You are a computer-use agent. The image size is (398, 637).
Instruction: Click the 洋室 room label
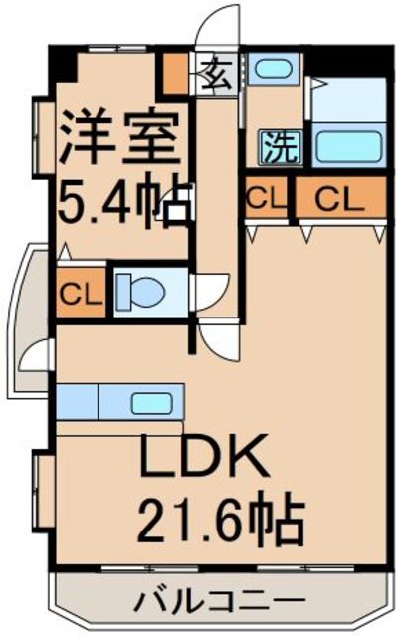pos(119,136)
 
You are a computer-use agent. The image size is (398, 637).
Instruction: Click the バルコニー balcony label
pos(219,600)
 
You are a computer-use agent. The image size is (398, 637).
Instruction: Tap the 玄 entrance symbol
pos(217,75)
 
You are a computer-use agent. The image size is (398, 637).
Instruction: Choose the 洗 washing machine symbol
pos(282,147)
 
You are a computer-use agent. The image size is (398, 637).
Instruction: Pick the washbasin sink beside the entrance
pos(274,69)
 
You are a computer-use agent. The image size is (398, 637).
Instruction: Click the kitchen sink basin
pos(151,404)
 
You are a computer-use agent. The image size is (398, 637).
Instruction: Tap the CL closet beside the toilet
pos(81,292)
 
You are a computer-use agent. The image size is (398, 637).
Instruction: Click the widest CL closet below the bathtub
pos(340,198)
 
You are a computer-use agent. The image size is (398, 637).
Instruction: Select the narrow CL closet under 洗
pos(267,198)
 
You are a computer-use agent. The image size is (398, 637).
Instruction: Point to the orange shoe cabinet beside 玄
pos(175,74)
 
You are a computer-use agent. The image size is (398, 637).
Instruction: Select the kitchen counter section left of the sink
pos(78,402)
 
